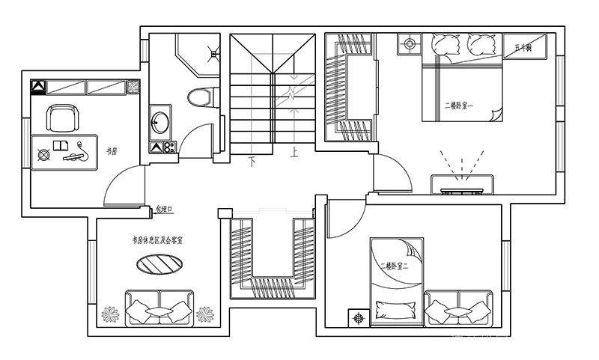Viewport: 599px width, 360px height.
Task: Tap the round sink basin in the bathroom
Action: (x=159, y=122)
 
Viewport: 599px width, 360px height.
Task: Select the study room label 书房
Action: (x=112, y=151)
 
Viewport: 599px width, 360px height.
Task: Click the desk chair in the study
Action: (x=63, y=118)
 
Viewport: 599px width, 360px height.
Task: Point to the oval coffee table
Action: (x=156, y=265)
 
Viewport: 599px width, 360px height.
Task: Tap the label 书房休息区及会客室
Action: (x=158, y=240)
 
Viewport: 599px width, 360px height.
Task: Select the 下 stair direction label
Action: (x=253, y=160)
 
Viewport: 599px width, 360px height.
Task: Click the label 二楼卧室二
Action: (x=395, y=266)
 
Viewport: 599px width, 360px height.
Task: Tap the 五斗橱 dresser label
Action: (x=523, y=48)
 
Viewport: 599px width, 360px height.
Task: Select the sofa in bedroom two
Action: (x=457, y=308)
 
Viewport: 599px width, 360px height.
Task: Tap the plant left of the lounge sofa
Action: (x=111, y=314)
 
